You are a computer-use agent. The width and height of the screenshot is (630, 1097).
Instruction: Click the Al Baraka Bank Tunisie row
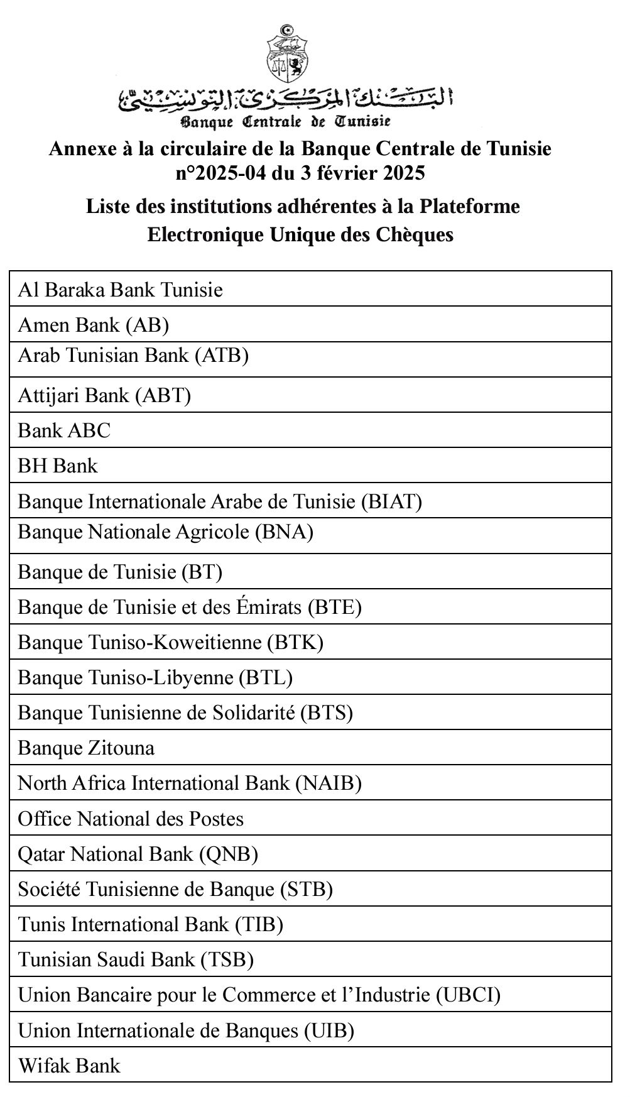coord(121,290)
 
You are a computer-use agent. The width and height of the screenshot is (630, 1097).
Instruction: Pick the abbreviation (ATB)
coord(222,356)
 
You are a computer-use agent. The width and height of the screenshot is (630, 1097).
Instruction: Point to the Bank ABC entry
coord(64,430)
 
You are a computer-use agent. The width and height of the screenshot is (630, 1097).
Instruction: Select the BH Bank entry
coord(58,466)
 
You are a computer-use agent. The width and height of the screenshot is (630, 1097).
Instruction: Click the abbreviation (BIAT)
coord(391,501)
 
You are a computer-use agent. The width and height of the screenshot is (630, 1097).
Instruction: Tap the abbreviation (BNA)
coord(284,532)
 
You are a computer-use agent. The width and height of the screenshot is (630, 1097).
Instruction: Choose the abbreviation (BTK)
coord(295,642)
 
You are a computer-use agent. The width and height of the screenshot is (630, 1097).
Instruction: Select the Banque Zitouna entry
coord(86,748)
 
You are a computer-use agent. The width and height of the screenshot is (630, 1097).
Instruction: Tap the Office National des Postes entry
coord(131,819)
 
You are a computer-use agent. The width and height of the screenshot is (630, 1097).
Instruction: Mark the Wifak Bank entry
coord(69,1065)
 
